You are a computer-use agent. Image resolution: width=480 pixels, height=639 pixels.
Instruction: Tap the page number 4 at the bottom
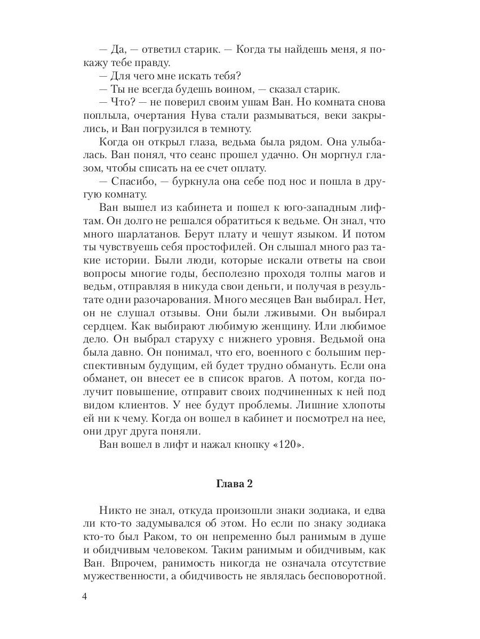(x=85, y=596)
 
